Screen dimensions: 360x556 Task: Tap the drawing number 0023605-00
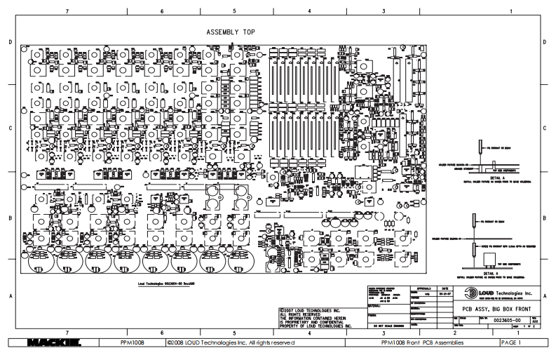click(x=503, y=319)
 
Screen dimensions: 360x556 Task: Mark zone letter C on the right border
click(x=544, y=129)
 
